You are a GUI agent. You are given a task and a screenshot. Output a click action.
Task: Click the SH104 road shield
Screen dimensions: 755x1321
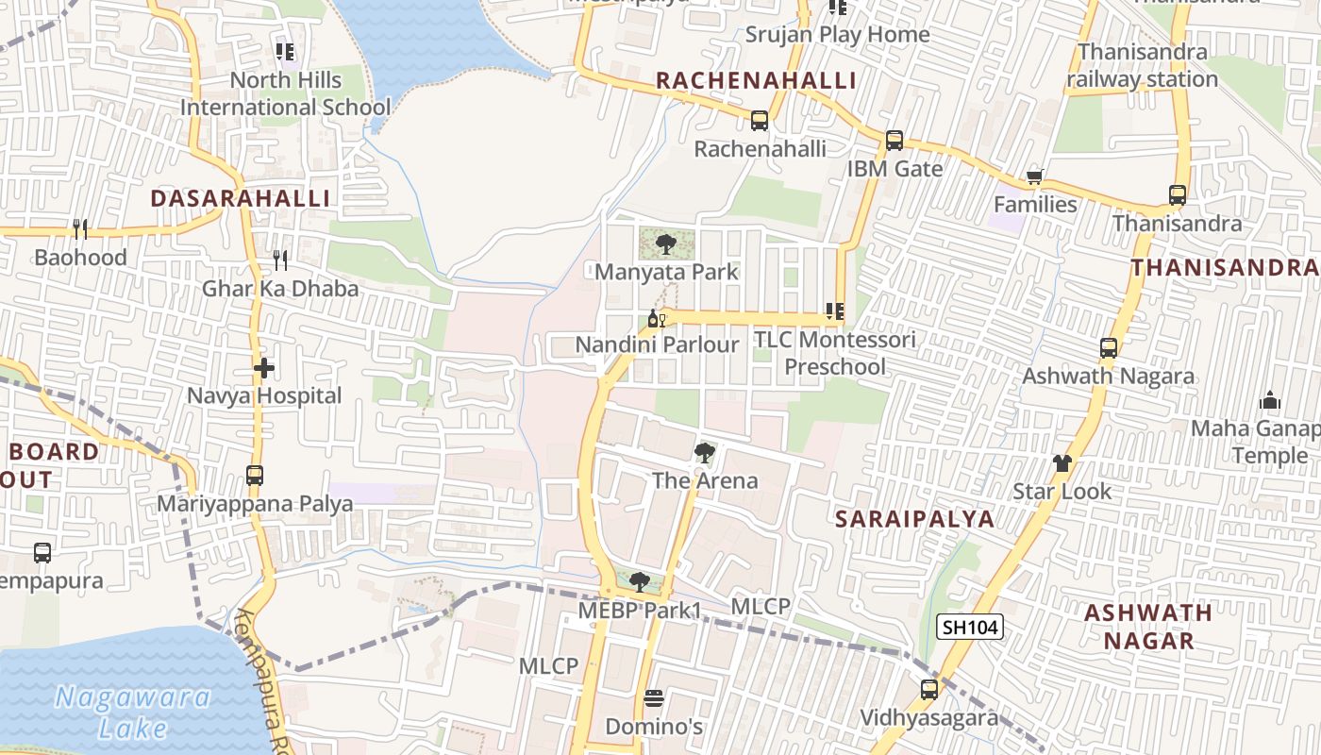click(969, 627)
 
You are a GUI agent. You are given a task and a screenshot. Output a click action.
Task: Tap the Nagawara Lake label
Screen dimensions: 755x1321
click(132, 713)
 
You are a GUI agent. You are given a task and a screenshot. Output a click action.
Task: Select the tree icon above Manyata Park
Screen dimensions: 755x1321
click(666, 244)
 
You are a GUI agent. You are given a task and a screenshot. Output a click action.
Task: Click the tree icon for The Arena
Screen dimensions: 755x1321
click(704, 453)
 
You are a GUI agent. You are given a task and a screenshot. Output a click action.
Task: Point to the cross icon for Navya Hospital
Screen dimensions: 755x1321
click(263, 367)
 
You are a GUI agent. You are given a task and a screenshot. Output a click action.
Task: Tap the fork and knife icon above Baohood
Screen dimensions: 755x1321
click(80, 228)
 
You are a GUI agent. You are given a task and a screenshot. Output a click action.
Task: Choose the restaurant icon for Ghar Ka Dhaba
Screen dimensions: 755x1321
click(279, 260)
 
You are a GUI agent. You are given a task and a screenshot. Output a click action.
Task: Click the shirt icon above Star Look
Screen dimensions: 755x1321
click(1062, 462)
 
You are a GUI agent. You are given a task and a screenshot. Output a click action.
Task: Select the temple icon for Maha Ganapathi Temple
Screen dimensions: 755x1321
click(1270, 400)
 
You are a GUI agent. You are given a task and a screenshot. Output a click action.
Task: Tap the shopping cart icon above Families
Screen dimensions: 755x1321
click(1035, 176)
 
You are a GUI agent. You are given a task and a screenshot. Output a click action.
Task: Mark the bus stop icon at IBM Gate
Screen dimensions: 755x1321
click(894, 141)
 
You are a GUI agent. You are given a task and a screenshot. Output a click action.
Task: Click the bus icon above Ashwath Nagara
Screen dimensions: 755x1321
click(1109, 348)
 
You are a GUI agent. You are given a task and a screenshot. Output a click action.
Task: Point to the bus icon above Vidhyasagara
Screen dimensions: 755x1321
click(928, 690)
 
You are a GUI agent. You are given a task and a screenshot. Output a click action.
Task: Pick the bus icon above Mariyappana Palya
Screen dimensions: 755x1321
click(255, 475)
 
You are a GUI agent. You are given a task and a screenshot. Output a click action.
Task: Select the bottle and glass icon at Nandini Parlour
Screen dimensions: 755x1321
click(657, 318)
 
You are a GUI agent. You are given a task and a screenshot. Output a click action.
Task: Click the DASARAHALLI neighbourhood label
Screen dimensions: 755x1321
click(241, 198)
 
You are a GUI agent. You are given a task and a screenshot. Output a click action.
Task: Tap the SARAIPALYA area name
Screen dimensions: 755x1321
click(914, 518)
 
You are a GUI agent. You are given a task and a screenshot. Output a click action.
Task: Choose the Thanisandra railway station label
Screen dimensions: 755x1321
click(1142, 65)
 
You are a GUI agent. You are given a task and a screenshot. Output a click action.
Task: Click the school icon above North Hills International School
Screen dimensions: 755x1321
click(285, 52)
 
